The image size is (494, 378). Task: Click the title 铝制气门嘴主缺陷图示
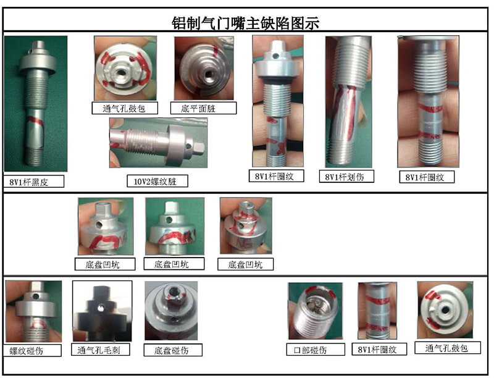[245, 23]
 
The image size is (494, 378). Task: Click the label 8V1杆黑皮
[28, 182]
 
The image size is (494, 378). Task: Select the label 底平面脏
[198, 109]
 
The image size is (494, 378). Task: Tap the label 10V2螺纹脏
[155, 182]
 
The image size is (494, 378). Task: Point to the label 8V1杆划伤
[345, 177]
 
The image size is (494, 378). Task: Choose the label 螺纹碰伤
[26, 351]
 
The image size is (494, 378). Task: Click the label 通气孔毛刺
[99, 350]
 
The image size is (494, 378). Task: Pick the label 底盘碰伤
[172, 350]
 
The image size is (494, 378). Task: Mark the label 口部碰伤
[310, 350]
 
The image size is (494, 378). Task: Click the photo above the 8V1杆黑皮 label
[36, 104]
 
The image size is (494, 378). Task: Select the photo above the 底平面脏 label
[204, 69]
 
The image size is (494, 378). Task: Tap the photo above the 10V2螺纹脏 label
[159, 143]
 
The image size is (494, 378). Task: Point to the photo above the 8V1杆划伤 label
[349, 101]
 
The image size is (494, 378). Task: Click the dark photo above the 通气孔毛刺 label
[102, 311]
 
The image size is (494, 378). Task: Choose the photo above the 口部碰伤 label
[316, 311]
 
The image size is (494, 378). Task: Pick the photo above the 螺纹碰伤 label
[34, 311]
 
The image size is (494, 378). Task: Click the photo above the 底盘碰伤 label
[172, 311]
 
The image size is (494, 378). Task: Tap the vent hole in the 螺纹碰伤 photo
[36, 296]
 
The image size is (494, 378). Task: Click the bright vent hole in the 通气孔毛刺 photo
[101, 306]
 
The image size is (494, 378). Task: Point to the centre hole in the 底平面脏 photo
[208, 75]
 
